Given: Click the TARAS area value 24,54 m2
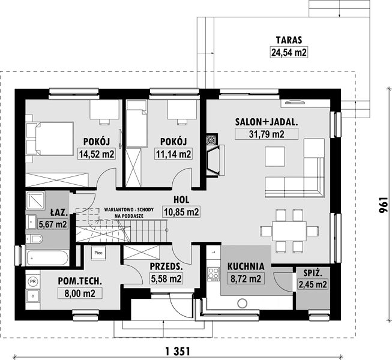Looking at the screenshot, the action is tap(289, 52).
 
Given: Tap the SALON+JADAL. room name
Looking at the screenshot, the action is tap(267, 122).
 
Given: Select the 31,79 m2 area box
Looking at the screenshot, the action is tap(267, 134).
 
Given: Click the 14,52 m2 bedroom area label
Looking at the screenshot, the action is tap(97, 154).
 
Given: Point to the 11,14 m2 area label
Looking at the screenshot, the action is tap(173, 154).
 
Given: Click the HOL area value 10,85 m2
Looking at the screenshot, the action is tap(181, 212).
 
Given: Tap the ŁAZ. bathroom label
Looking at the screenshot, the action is tap(59, 212).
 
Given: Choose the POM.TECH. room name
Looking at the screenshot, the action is tap(80, 281).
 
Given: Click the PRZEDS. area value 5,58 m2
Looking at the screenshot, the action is tap(166, 278).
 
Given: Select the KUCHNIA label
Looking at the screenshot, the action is tap(246, 266).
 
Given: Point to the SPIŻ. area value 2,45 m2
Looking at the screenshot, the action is tap(313, 284).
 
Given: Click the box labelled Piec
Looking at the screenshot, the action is tap(98, 253).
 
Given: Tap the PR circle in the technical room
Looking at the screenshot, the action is tap(32, 281).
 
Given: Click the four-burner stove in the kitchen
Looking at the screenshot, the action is tap(214, 274).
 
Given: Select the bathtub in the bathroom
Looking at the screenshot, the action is tap(47, 258).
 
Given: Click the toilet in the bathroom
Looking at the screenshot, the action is tap(34, 239).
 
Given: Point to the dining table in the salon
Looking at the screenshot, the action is tap(289, 231).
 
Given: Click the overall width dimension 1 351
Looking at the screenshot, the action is tap(178, 352).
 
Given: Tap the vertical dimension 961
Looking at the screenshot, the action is tap(382, 205).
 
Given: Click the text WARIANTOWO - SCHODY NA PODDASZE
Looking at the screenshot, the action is tap(129, 212).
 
